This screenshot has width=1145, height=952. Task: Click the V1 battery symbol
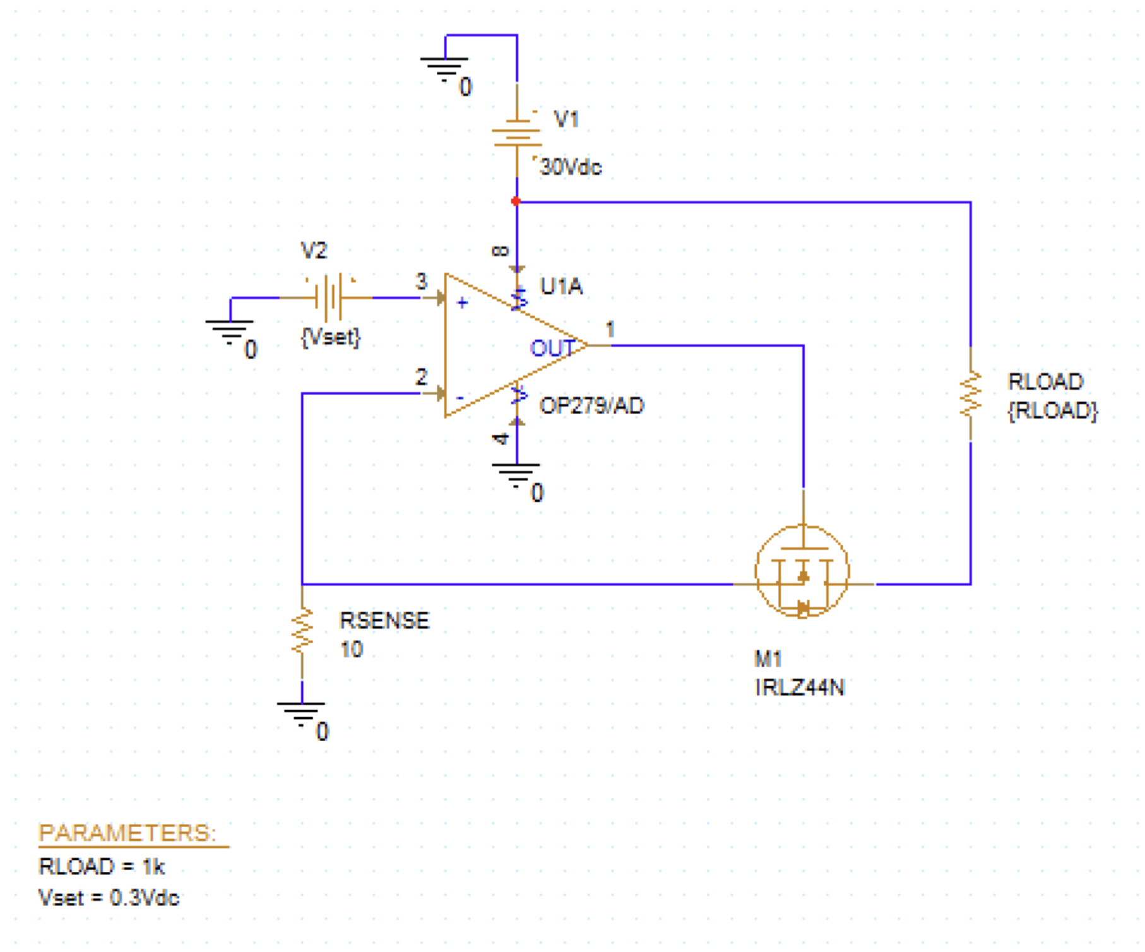(x=517, y=133)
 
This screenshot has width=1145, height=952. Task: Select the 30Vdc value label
(x=571, y=167)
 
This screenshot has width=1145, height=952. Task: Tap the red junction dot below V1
(x=516, y=201)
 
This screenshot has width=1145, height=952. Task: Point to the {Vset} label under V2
(x=331, y=338)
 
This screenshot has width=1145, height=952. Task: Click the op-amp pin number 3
(x=421, y=282)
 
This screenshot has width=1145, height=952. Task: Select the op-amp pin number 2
(x=421, y=378)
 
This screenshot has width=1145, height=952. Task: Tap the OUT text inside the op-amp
(x=552, y=348)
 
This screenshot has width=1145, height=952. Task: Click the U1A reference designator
(x=561, y=287)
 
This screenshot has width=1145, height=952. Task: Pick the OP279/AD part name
(x=591, y=405)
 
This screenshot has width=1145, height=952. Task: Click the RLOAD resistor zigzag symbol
(x=970, y=394)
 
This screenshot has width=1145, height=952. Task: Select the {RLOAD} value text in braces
(x=1053, y=411)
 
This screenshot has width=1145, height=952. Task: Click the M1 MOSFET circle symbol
(x=802, y=571)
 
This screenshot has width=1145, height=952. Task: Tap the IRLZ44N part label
(x=799, y=687)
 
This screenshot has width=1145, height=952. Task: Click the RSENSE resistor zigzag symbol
(x=302, y=631)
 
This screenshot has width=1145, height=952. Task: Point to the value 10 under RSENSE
(x=352, y=650)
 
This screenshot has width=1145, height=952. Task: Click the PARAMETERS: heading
(x=128, y=833)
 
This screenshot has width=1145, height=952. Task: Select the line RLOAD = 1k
(x=102, y=867)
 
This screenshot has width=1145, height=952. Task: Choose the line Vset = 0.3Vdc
(x=109, y=898)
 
